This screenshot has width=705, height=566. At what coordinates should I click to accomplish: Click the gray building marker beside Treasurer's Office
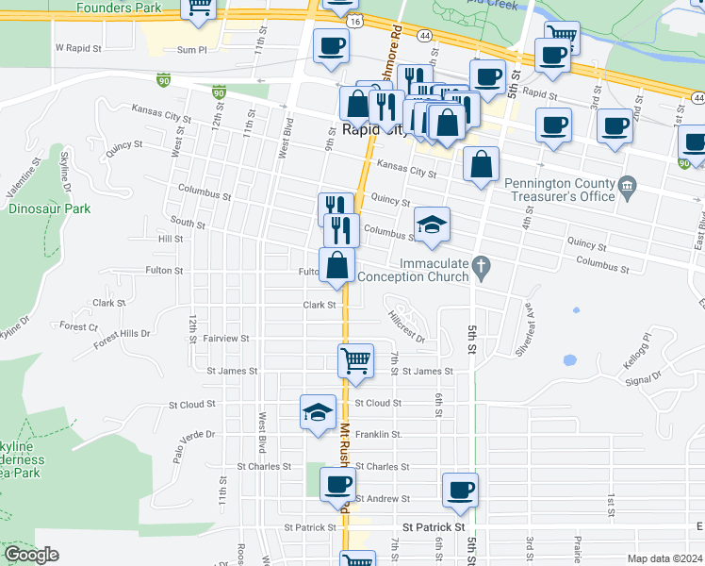(628, 191)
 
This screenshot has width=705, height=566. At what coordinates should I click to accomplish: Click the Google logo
(31, 555)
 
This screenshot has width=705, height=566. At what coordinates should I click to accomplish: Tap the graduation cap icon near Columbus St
(432, 225)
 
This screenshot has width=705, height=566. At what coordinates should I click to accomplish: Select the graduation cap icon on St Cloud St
(319, 411)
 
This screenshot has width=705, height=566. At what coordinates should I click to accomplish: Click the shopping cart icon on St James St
(355, 359)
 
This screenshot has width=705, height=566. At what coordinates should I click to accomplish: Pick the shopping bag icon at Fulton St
(337, 265)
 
